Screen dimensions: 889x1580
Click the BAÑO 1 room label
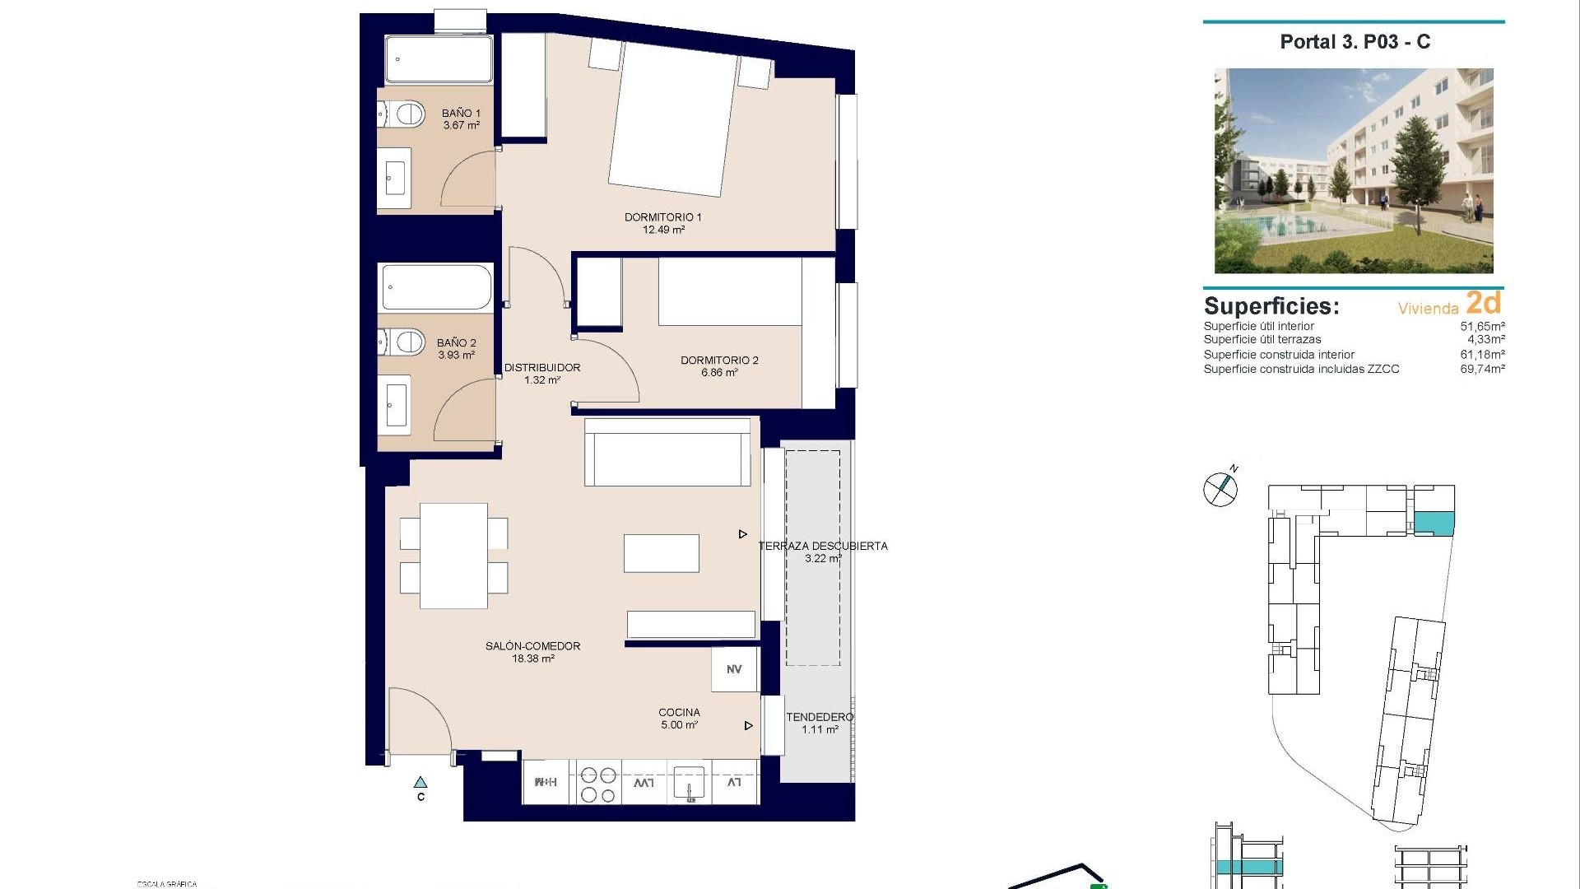pos(461,114)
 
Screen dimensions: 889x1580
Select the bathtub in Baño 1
pos(439,58)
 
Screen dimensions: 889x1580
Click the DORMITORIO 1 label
pos(662,217)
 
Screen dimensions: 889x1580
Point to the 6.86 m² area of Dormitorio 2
pos(719,373)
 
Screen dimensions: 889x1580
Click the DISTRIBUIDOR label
pos(541,368)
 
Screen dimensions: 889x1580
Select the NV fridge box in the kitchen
pos(734,669)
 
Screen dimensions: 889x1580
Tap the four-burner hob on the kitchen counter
pos(598,784)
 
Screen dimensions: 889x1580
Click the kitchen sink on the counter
pos(688,783)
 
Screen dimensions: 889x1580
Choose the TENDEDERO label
pos(819,718)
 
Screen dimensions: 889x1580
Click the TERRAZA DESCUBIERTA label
pos(823,546)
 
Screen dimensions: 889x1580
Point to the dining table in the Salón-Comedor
pos(453,556)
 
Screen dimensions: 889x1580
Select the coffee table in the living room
pos(662,553)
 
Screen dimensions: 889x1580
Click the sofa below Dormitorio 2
pos(667,453)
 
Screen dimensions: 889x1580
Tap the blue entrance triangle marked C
pos(421,782)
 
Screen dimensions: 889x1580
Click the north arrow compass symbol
pos(1220,488)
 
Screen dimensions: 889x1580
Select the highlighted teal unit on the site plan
pos(1434,522)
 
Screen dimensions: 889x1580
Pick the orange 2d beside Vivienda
pos(1484,303)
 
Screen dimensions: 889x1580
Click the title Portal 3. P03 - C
pos(1355,42)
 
